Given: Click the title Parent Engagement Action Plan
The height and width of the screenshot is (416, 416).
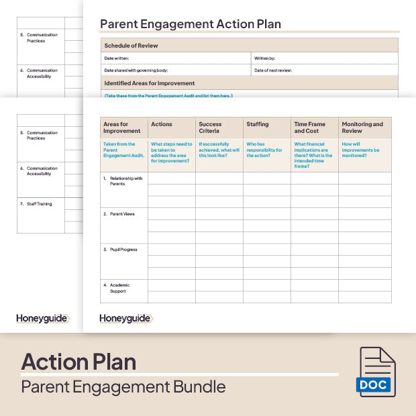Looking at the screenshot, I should (191, 24).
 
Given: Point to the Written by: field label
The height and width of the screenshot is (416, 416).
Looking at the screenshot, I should (265, 58).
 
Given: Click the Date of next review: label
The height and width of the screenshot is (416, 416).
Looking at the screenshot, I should (274, 70).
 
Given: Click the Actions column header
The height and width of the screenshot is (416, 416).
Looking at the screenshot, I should (162, 124).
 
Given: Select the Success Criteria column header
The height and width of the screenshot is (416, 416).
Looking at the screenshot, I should (210, 127).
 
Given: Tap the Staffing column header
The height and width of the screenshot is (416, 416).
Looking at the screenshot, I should (258, 124).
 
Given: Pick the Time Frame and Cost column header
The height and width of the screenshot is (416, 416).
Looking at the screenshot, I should (309, 127).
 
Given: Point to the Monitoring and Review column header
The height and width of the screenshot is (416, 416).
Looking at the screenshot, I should (362, 127).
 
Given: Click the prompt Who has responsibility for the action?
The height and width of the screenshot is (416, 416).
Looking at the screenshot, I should (259, 150).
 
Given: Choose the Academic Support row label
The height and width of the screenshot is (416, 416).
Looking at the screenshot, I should (119, 289).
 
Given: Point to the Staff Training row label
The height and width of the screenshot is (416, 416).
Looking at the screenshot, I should (40, 204).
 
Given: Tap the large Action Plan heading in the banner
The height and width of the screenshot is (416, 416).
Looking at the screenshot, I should (79, 362).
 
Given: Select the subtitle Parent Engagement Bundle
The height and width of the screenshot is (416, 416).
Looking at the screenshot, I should (123, 387).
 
